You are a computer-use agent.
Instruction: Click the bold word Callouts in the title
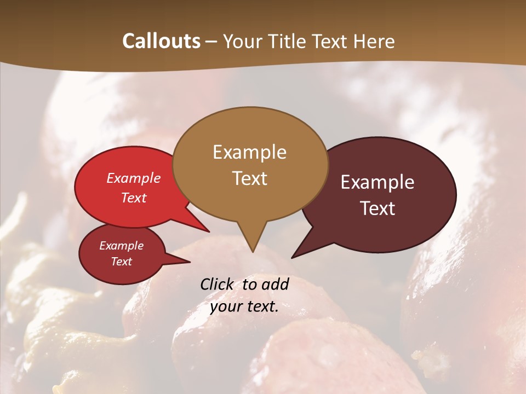[x=161, y=41]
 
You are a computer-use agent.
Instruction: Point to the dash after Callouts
[x=211, y=42]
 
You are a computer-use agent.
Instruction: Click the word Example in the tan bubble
[x=249, y=152]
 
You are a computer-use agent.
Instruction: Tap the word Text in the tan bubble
[x=249, y=178]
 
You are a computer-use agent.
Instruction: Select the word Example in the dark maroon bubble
[x=378, y=182]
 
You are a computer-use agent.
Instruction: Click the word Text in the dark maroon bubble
[x=378, y=208]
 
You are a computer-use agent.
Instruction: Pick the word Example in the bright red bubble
[x=134, y=178]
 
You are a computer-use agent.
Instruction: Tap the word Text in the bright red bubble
[x=134, y=198]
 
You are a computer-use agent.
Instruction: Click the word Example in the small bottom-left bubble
[x=122, y=246]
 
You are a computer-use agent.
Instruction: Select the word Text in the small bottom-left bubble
[x=122, y=262]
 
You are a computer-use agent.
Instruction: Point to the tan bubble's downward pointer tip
[x=252, y=251]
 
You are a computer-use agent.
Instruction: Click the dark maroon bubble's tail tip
[x=293, y=257]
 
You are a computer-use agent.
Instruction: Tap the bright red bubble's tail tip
[x=209, y=231]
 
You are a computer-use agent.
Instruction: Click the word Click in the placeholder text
[x=218, y=284]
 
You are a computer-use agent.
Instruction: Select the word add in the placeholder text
[x=276, y=284]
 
